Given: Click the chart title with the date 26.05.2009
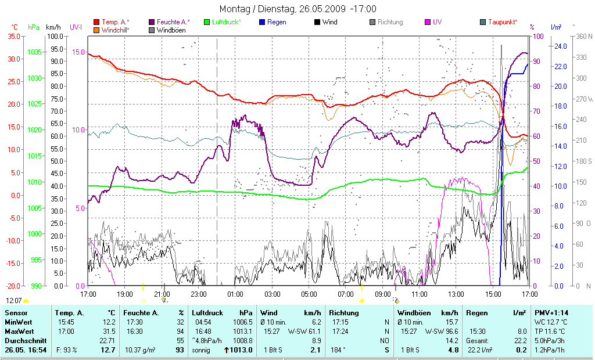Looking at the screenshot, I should (297, 9).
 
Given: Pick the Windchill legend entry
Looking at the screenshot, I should (119, 30).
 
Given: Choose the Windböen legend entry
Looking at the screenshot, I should (171, 30).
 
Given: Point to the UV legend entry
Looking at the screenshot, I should (437, 22).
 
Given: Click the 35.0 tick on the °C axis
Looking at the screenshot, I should (13, 36).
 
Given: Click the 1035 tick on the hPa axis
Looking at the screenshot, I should (34, 52).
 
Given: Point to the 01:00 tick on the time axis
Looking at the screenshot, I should (235, 294).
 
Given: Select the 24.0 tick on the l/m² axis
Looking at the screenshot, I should (560, 46).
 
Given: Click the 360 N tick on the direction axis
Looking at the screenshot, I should (583, 36).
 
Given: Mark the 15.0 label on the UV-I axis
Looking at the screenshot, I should (78, 52).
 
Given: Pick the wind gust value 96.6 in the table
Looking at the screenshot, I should (449, 331).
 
